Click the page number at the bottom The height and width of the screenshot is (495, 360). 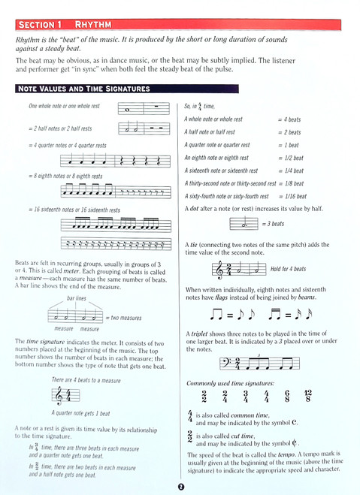pyautogui.click(x=180, y=487)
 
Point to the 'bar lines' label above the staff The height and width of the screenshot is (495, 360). pyautogui.click(x=77, y=298)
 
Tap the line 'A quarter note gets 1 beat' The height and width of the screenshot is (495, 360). pyautogui.click(x=80, y=413)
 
